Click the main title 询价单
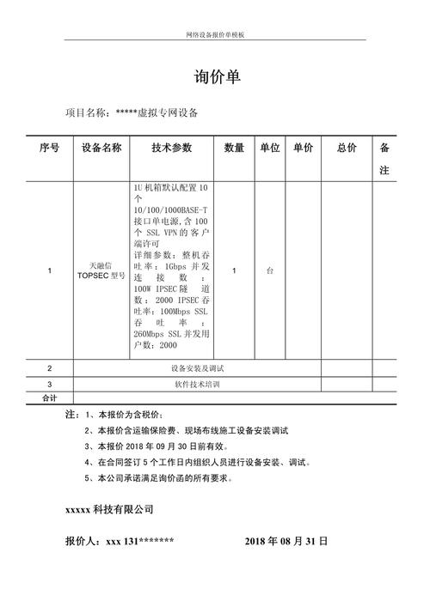click(x=217, y=78)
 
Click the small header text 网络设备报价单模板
click(x=216, y=34)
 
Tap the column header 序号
click(x=50, y=149)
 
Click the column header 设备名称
click(x=101, y=149)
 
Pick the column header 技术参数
click(x=171, y=149)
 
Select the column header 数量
click(x=234, y=149)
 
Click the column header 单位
click(x=270, y=149)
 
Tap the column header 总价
click(x=347, y=149)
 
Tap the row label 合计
click(x=50, y=398)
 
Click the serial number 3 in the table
click(x=50, y=384)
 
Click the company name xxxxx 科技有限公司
click(x=109, y=509)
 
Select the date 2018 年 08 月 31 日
click(x=286, y=542)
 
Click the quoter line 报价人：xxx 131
click(x=120, y=542)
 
